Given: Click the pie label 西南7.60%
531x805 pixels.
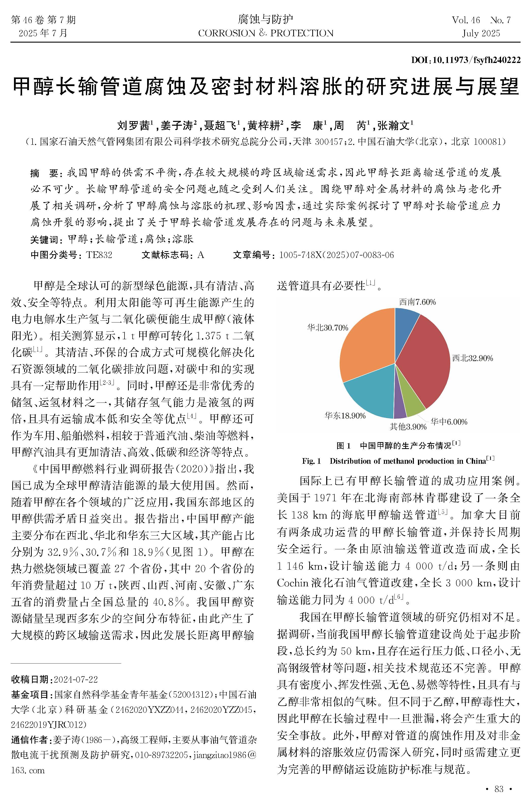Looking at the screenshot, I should point(417,302).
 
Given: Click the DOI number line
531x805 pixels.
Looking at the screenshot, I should point(466,60).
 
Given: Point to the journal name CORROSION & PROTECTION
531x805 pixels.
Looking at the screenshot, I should point(266,33).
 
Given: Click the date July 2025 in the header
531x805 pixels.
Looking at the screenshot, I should point(481,33).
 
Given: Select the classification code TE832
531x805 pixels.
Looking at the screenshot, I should point(99,255).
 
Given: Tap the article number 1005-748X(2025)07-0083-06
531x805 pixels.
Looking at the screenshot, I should point(336,255).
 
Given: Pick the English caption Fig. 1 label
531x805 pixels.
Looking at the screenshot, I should point(311,461).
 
